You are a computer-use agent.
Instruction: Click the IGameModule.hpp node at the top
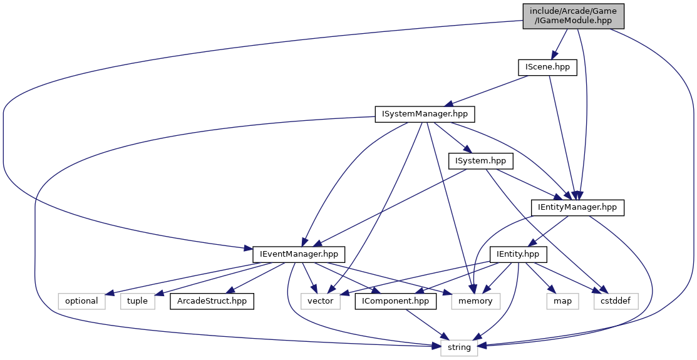574,16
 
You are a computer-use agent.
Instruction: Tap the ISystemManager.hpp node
425,114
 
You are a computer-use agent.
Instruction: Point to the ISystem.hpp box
481,161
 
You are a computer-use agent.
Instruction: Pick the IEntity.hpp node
519,254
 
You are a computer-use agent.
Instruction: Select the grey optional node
81,301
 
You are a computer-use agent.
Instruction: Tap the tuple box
137,301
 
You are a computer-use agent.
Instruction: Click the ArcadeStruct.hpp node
212,301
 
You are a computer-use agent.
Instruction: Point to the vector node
321,301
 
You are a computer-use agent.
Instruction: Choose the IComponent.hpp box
396,301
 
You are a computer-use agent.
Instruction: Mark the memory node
476,301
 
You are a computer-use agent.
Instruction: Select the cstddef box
616,301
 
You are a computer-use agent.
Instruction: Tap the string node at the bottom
459,347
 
